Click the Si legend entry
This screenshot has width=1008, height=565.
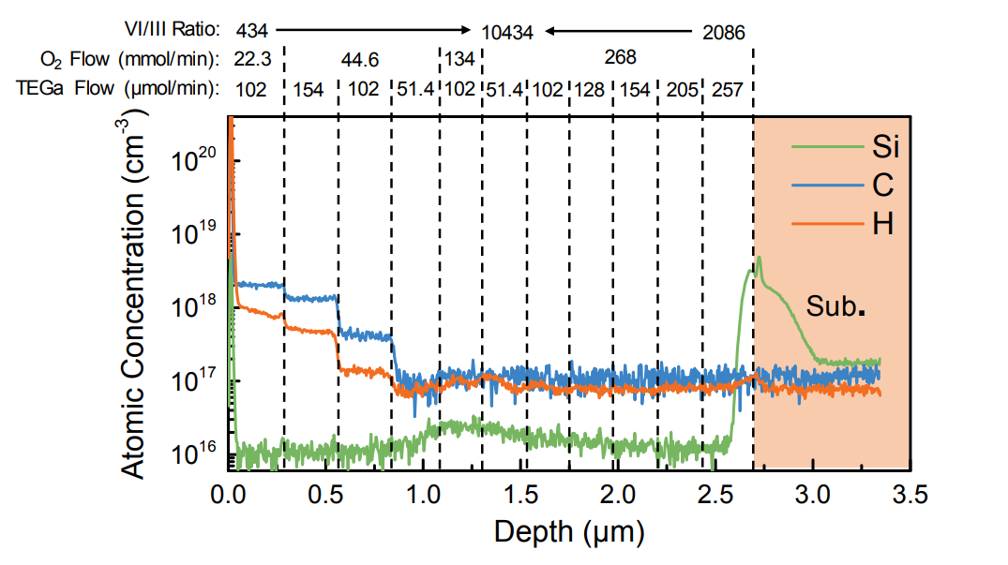[883, 146]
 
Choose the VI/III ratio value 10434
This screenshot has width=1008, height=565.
[507, 32]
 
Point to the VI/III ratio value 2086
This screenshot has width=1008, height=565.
[723, 32]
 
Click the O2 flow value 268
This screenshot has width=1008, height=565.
[620, 58]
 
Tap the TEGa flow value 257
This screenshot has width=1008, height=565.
[727, 90]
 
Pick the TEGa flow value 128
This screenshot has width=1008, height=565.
[591, 90]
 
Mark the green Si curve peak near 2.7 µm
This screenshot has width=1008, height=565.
[758, 259]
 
